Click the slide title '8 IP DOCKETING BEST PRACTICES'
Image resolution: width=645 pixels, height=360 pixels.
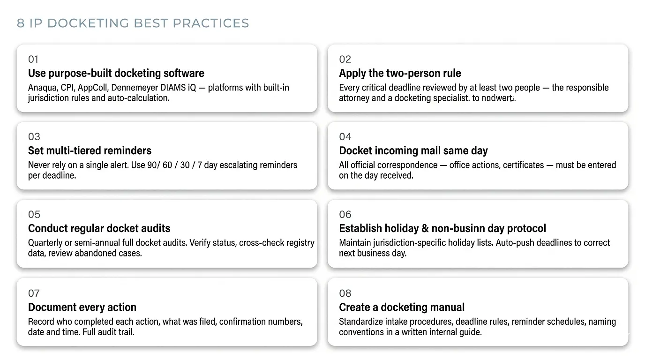click(x=133, y=23)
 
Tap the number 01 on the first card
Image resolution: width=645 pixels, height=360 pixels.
click(x=33, y=59)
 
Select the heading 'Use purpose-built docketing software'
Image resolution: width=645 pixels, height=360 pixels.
click(x=116, y=73)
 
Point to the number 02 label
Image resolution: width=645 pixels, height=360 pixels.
click(x=345, y=59)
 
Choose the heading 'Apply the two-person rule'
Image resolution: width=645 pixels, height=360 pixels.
click(x=400, y=73)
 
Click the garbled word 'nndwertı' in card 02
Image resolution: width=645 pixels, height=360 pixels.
click(x=498, y=98)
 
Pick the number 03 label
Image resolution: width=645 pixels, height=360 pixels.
click(x=34, y=136)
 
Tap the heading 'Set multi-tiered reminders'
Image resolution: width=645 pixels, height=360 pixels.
click(x=90, y=150)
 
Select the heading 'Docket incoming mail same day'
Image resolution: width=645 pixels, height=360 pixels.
click(x=413, y=150)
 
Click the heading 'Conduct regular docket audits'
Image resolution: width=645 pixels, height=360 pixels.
click(x=99, y=228)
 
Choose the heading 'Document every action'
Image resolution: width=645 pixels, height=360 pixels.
click(x=82, y=307)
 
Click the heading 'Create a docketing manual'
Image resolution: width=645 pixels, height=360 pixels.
click(x=402, y=307)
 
